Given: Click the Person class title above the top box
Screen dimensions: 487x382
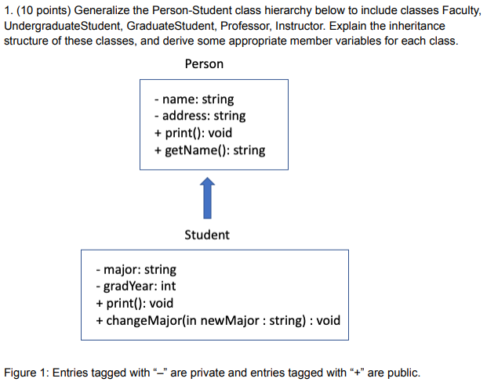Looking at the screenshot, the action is tap(204, 63).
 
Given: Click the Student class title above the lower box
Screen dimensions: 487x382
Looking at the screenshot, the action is tap(207, 234).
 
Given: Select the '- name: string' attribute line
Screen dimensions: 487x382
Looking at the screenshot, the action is tap(194, 99).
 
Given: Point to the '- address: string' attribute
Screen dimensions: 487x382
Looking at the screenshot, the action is tap(200, 116).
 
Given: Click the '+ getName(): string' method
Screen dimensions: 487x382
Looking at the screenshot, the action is tap(209, 150).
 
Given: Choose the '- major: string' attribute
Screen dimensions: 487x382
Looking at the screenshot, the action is tap(136, 269).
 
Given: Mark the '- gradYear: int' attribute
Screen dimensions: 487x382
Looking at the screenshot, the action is tap(135, 286).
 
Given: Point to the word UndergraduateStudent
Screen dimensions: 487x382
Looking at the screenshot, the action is tap(67, 26).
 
